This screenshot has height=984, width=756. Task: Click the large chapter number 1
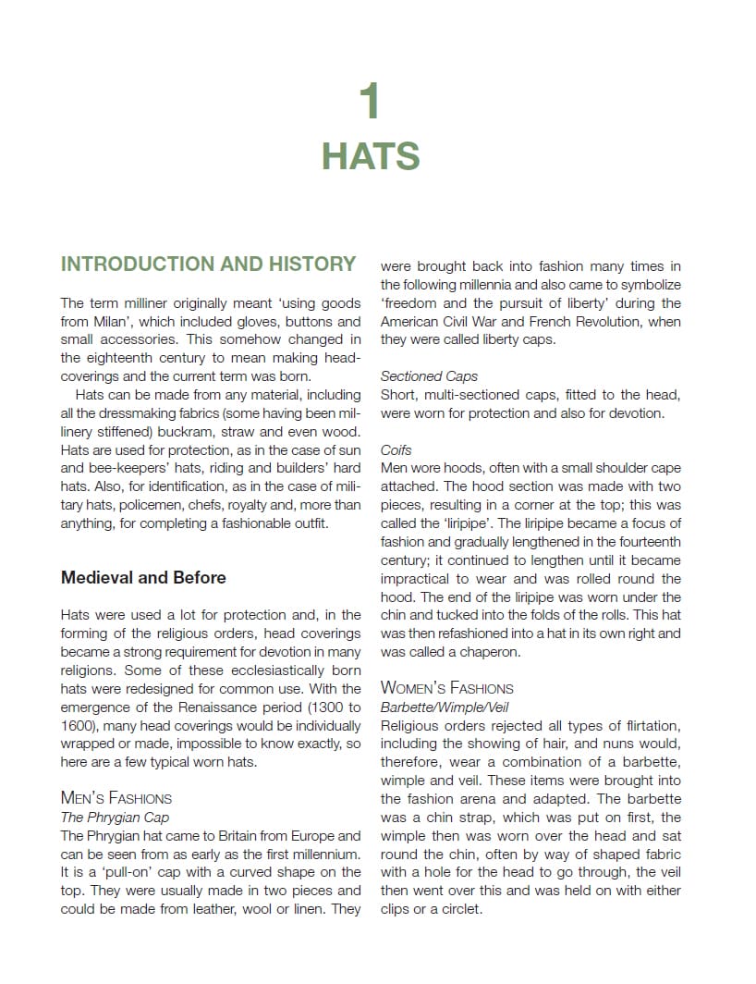(x=371, y=101)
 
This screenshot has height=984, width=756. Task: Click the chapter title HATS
(x=371, y=156)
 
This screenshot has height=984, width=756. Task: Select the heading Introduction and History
(x=208, y=264)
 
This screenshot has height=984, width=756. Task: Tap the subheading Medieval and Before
(x=143, y=578)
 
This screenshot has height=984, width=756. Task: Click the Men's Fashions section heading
(x=116, y=798)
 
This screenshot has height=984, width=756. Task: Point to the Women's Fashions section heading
(x=446, y=688)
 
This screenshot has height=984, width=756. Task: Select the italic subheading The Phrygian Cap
(x=115, y=818)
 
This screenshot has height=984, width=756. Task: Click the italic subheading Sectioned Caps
(x=429, y=376)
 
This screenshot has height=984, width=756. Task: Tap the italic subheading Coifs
(x=396, y=450)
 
